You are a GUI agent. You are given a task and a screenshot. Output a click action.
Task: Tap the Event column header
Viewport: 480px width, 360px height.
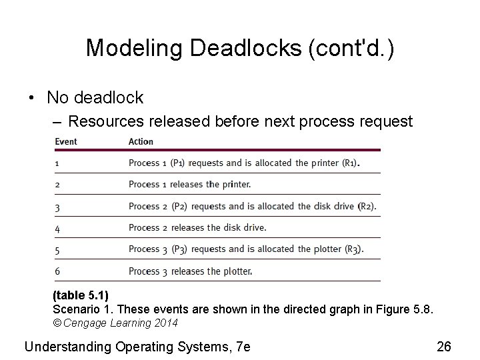coord(66,141)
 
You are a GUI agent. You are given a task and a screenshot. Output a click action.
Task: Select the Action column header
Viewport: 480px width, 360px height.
coord(141,141)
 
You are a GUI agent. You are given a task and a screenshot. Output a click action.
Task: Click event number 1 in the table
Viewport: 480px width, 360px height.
coord(57,163)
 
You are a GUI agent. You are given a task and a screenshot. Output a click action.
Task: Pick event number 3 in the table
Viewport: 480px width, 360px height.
coord(57,207)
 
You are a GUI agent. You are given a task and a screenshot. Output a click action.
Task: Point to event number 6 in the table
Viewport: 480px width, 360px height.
coord(57,271)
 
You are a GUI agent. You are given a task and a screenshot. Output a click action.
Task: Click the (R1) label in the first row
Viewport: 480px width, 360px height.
coord(347,163)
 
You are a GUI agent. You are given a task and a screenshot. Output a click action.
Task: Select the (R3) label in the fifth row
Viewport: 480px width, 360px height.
coord(353,249)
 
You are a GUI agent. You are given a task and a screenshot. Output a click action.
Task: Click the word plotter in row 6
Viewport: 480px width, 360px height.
coord(237,271)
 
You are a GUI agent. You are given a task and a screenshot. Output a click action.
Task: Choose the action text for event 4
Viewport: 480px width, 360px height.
coord(197,227)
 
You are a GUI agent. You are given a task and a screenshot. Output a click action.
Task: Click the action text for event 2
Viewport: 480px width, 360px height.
coord(190,185)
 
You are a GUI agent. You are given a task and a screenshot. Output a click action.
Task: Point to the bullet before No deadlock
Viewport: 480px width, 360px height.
coord(32,98)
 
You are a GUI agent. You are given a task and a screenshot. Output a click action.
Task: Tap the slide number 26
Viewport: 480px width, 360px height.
coord(443,346)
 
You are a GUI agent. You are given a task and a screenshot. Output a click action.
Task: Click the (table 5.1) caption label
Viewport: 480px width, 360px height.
coord(80,295)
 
